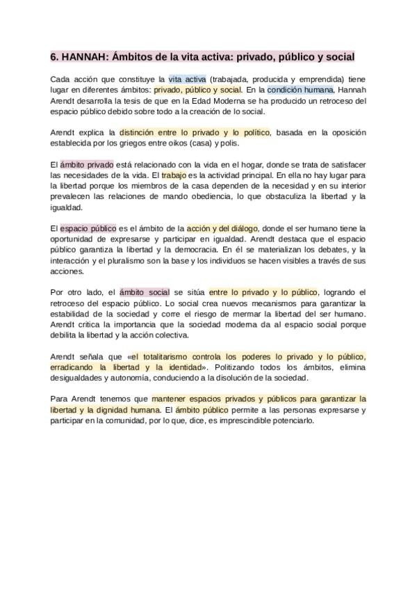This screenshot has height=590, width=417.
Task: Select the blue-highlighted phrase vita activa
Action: (188, 79)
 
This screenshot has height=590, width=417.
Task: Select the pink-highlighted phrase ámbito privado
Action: (86, 164)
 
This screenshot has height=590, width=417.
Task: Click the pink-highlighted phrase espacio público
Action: (88, 228)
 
